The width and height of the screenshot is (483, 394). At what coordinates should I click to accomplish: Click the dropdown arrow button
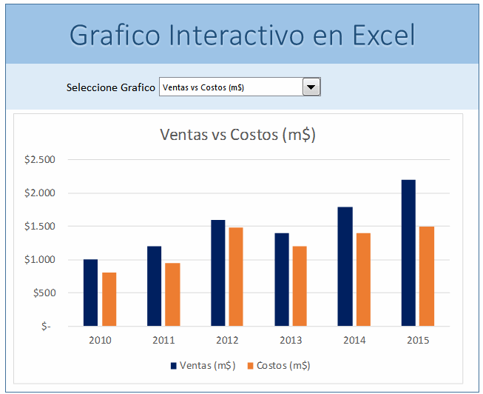311,87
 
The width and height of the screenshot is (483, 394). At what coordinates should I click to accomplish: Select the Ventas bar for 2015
408,253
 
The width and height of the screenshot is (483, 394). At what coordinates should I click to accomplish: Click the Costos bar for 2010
109,299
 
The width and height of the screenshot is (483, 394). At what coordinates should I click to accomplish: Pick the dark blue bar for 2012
217,273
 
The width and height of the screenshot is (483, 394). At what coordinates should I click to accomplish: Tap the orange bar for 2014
363,279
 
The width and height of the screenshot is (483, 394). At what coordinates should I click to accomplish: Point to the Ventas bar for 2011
154,286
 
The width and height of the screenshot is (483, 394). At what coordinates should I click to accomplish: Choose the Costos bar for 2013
300,286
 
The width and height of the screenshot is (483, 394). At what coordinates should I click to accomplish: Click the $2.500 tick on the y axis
39,159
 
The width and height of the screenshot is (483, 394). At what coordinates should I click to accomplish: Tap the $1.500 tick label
39,226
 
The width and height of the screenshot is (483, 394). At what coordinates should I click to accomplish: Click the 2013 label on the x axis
291,340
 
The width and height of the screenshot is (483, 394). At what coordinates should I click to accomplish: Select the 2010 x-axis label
100,340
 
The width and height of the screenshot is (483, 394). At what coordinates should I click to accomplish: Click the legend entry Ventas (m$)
203,365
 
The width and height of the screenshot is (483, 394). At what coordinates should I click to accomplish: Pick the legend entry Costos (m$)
278,365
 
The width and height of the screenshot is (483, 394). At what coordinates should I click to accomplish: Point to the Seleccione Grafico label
111,87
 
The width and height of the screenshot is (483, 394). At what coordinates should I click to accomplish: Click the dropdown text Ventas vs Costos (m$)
203,87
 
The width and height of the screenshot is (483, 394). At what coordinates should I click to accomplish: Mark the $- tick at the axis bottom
47,326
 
